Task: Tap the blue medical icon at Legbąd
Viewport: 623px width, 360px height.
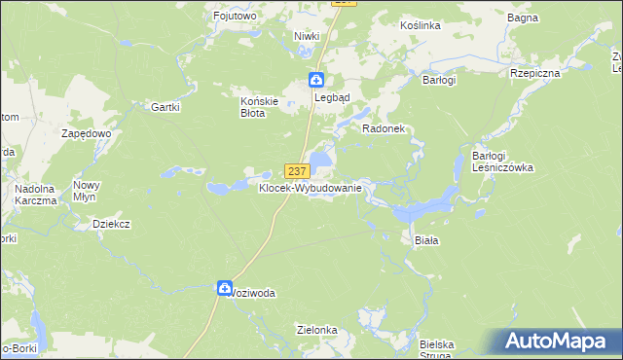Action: click(x=317, y=80)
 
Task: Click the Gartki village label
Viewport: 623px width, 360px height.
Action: click(x=165, y=107)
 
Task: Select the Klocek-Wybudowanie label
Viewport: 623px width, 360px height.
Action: click(x=311, y=188)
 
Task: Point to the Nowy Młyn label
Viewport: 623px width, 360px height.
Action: click(x=87, y=191)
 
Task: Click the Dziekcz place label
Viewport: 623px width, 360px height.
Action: click(x=111, y=223)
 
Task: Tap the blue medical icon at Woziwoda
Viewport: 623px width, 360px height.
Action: click(x=224, y=288)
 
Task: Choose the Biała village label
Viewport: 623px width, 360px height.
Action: click(x=427, y=238)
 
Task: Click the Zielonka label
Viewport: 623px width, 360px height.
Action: click(x=317, y=330)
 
